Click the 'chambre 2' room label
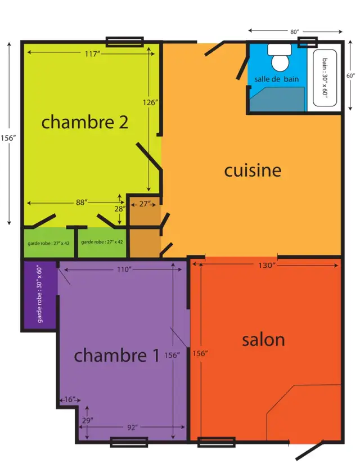[x=85, y=122]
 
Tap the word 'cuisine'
[x=253, y=170]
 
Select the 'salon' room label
[x=263, y=340]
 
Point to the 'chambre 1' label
[x=116, y=355]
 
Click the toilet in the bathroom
[x=280, y=58]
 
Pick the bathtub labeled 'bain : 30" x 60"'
[x=325, y=78]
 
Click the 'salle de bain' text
[x=276, y=79]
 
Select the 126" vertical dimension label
[x=151, y=102]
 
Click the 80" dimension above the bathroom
[x=294, y=32]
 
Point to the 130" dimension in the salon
[x=267, y=265]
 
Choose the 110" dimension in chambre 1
[x=123, y=269]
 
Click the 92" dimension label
[x=132, y=427]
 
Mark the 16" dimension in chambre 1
[x=70, y=399]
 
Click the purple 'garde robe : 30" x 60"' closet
[x=39, y=295]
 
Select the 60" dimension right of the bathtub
[x=350, y=75]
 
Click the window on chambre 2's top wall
[x=125, y=42]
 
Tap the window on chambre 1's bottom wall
[x=129, y=442]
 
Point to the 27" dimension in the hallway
[x=144, y=204]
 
